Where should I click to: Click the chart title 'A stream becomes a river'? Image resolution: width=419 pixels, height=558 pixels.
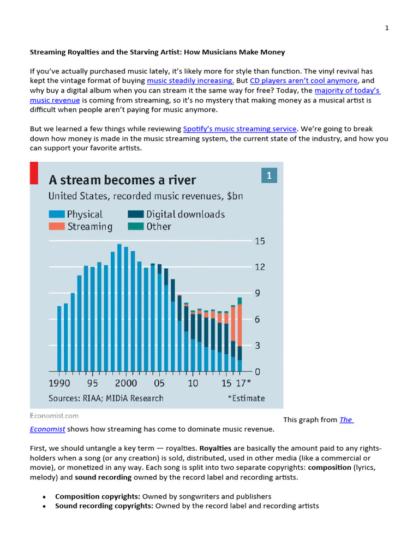click(x=122, y=180)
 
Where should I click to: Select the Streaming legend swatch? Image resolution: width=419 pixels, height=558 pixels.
click(x=56, y=226)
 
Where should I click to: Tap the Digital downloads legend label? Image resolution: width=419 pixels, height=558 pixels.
click(x=185, y=214)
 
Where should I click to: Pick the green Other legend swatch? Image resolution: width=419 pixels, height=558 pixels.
click(x=136, y=226)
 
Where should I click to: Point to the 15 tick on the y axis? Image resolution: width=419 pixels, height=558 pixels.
click(x=260, y=241)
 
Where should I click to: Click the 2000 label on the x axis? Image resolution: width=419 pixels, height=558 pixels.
click(x=125, y=383)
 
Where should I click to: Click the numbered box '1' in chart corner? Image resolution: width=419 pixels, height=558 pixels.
click(x=269, y=175)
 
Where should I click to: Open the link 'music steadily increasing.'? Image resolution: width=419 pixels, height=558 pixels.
click(x=190, y=80)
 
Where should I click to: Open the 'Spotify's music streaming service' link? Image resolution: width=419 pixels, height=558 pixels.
click(x=240, y=129)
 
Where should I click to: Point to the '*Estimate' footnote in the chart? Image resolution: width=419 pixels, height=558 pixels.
click(x=246, y=398)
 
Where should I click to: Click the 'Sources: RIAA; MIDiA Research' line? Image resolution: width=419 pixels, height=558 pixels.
click(x=106, y=398)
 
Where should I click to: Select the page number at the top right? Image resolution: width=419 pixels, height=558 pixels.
click(x=387, y=28)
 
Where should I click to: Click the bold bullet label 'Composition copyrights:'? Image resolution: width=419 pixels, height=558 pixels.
click(x=98, y=496)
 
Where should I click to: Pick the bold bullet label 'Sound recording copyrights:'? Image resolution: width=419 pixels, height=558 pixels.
click(x=104, y=506)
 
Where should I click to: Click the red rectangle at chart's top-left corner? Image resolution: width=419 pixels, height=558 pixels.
click(x=34, y=172)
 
